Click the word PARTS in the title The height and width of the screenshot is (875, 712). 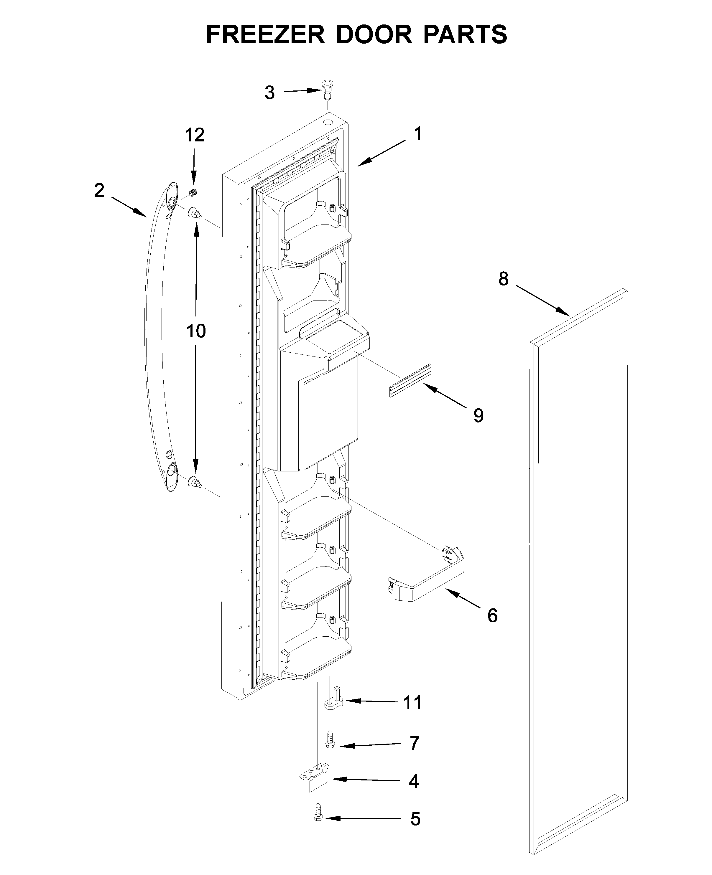[x=465, y=34]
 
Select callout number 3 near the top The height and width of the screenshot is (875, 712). [x=269, y=93]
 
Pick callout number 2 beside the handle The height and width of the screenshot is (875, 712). [x=99, y=191]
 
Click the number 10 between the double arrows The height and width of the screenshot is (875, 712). [x=196, y=331]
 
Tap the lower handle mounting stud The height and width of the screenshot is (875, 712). [x=194, y=482]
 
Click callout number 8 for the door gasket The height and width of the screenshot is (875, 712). [x=503, y=279]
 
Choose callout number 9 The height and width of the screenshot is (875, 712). [x=478, y=416]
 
